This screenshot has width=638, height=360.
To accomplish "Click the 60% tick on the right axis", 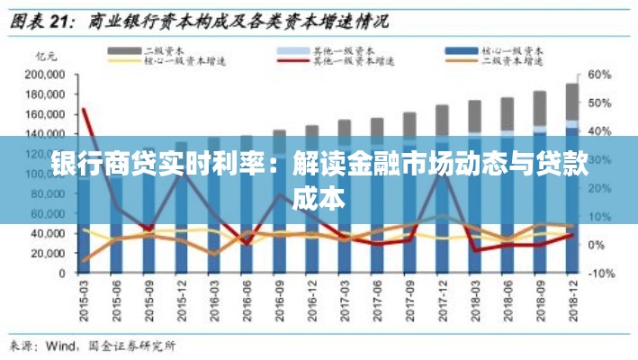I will click(x=600, y=75).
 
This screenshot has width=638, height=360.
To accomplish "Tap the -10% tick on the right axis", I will click(x=600, y=273).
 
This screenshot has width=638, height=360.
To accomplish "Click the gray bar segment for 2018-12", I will click(x=571, y=101).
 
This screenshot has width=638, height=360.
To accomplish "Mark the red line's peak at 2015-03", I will click(x=85, y=110).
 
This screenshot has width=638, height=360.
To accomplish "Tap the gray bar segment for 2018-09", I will click(x=539, y=108).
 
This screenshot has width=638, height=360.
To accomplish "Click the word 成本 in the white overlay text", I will click(x=319, y=198).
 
